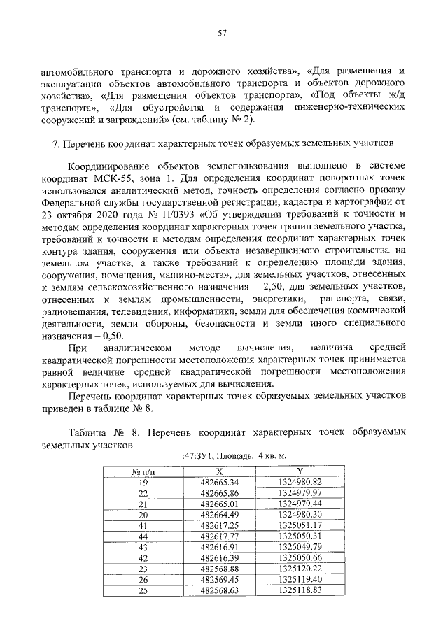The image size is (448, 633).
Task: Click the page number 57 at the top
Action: point(223,33)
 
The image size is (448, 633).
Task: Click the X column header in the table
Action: point(219,471)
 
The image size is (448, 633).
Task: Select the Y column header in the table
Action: point(300,471)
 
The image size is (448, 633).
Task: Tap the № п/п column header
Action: point(143,471)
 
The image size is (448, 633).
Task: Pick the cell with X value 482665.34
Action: point(219,483)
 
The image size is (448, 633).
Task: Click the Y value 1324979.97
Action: point(300,493)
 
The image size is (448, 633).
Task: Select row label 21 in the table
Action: point(143,504)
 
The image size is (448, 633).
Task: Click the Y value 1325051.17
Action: point(300,525)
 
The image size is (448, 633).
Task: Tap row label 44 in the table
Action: point(143,536)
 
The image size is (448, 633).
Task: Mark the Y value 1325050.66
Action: point(300,557)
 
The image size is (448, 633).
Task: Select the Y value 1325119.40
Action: point(300,579)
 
